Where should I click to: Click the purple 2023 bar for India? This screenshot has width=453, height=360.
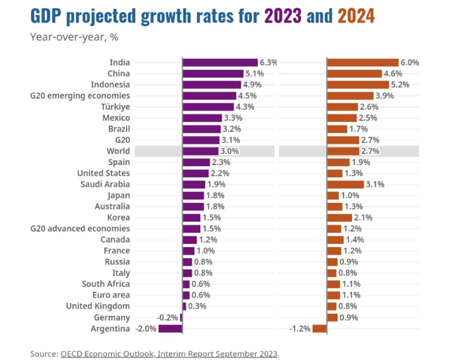click(x=220, y=62)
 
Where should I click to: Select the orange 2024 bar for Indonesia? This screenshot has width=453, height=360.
click(x=358, y=85)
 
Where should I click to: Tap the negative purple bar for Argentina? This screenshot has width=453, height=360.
click(x=170, y=329)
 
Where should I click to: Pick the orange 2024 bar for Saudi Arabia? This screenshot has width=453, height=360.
click(x=345, y=184)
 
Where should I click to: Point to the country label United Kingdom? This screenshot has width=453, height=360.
click(x=98, y=306)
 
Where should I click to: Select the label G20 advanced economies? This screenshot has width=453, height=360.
click(x=80, y=228)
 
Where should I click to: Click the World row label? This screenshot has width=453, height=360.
click(x=118, y=151)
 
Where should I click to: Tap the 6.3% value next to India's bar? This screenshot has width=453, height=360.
click(x=268, y=62)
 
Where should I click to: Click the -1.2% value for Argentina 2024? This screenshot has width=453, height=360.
click(x=300, y=329)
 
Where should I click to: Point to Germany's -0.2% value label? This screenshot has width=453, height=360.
click(x=167, y=318)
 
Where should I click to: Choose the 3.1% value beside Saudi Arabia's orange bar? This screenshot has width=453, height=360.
click(x=375, y=184)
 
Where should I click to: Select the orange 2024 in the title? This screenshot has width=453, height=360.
click(x=356, y=17)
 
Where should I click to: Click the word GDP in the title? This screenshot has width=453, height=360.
click(x=46, y=17)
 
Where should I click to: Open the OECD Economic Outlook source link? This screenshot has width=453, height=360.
click(x=169, y=353)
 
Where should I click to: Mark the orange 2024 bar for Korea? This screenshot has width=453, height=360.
click(x=339, y=218)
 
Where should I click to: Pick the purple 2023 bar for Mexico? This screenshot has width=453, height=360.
click(x=202, y=118)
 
